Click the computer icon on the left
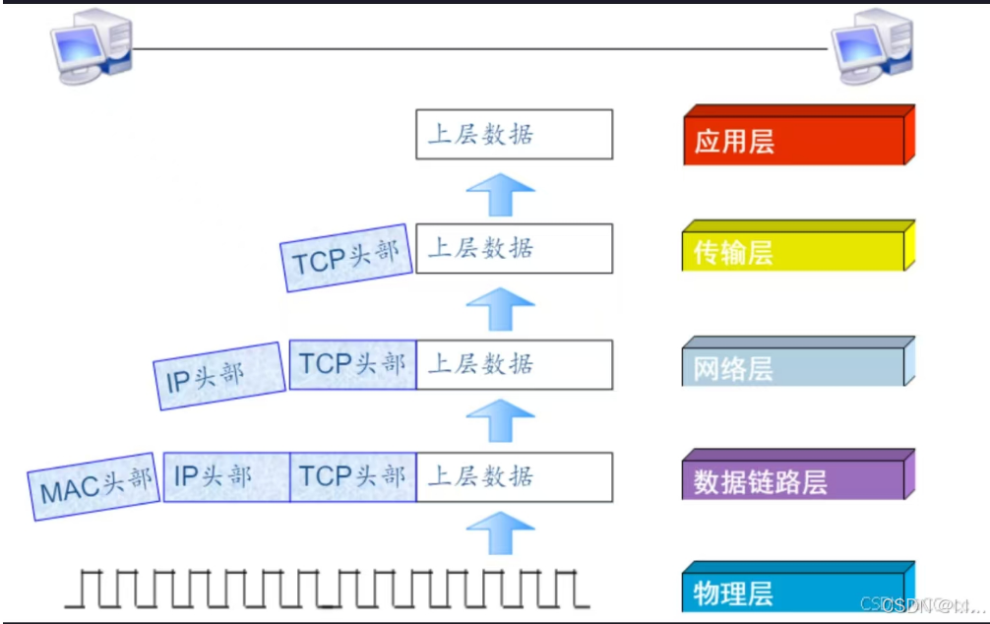[x=91, y=47]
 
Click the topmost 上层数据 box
[x=514, y=134]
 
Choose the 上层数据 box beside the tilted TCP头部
[x=514, y=248]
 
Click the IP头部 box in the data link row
[x=226, y=477]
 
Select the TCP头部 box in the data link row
[x=352, y=477]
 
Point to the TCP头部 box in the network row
[x=352, y=364]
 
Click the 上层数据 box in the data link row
[x=514, y=477]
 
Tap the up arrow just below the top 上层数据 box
[x=500, y=192]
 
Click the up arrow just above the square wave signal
[x=500, y=532]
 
